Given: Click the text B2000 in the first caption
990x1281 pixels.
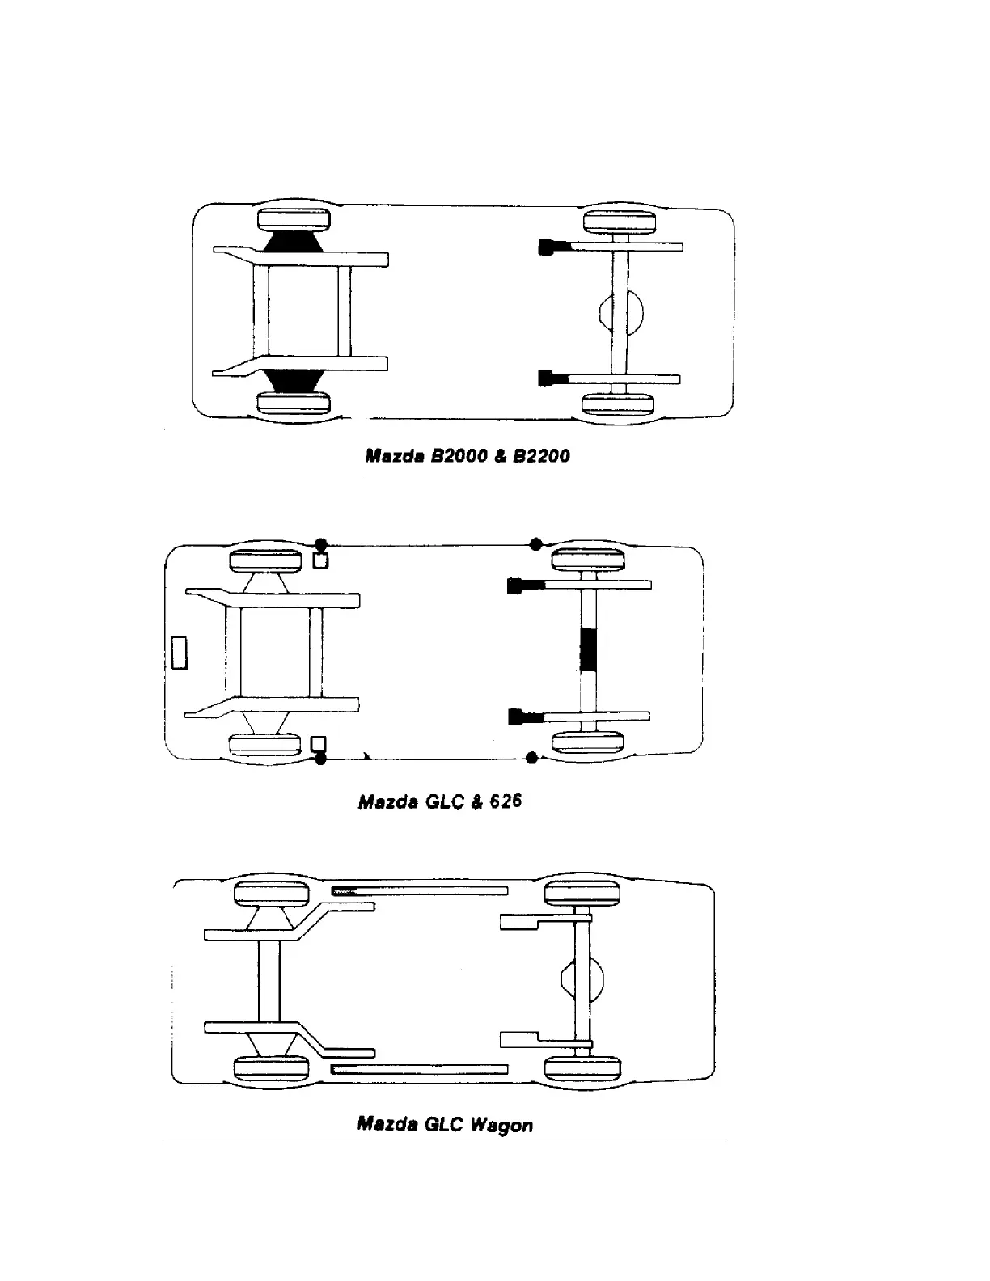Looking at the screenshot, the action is [x=459, y=456].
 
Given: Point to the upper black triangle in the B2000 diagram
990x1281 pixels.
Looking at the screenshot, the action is [x=292, y=242].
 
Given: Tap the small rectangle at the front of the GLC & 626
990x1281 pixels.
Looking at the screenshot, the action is [x=179, y=653].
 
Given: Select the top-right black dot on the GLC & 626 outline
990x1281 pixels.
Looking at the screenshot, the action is [x=535, y=543].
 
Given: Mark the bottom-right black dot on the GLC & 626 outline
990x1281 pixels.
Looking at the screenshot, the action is [x=531, y=758].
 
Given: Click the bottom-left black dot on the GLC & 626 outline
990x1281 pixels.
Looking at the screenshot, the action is [x=320, y=758].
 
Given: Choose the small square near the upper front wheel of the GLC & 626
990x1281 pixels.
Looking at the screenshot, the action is [x=321, y=560].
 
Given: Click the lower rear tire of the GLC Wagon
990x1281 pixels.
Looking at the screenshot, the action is [x=583, y=1068].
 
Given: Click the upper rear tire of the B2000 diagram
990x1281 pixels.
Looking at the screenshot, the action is [x=620, y=222].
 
